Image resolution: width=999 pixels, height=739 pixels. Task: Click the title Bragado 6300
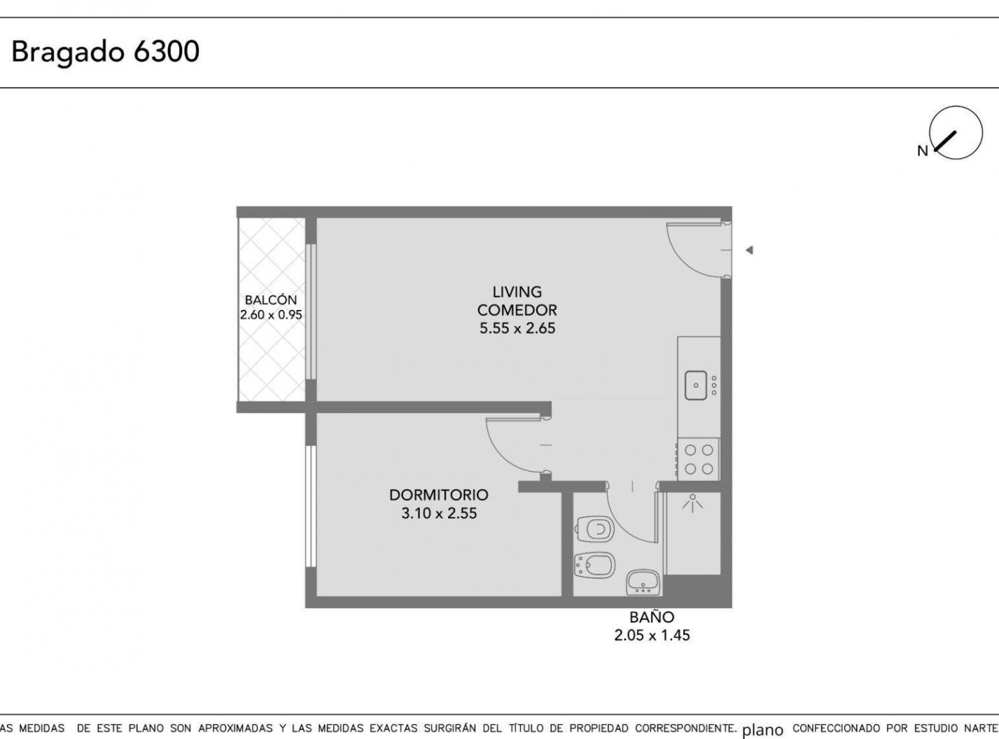tap(105, 52)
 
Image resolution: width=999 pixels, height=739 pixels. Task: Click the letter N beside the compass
tap(922, 151)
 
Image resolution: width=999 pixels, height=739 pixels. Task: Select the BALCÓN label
tap(271, 300)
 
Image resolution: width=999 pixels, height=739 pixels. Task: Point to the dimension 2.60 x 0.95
tap(271, 315)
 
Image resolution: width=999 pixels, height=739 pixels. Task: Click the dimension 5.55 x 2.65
tap(517, 328)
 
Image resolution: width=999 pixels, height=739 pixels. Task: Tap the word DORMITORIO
tap(439, 495)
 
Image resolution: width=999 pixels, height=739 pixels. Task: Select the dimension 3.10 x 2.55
tap(439, 513)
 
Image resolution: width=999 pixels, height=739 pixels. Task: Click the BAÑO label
tap(652, 617)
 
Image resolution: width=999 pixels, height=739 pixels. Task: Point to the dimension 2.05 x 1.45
tap(652, 635)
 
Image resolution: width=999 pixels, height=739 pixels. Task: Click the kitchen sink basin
tap(696, 385)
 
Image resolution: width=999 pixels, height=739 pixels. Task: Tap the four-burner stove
tap(699, 459)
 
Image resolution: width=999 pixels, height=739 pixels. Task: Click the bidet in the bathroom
tap(595, 565)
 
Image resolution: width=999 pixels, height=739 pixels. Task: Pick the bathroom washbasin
tap(643, 582)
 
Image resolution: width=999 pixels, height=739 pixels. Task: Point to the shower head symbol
tap(692, 503)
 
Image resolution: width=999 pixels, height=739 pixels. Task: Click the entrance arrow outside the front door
tap(749, 250)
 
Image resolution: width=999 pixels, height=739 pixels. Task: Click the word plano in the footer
tap(763, 729)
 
